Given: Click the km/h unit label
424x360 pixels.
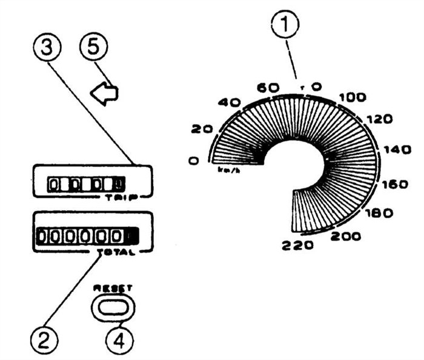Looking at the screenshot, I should point(227,170).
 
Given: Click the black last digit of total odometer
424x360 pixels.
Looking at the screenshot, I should point(132,235).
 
